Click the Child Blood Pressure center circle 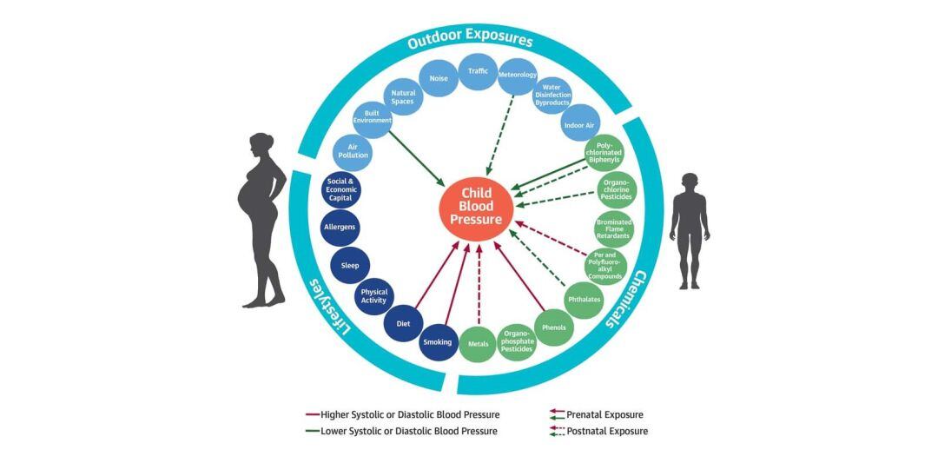(x=476, y=206)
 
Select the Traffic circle (x=478, y=70)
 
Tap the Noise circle (x=439, y=78)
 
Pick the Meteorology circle (x=518, y=76)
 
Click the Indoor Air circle (x=579, y=123)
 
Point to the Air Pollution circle (x=353, y=151)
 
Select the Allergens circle (x=340, y=227)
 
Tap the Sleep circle (x=350, y=265)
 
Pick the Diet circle (x=403, y=323)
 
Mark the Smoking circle (x=438, y=342)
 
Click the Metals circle (x=478, y=344)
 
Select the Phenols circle (x=553, y=327)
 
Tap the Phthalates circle (x=584, y=299)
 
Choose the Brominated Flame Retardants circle (x=614, y=228)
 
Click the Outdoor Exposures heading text (x=470, y=39)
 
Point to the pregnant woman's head (x=262, y=145)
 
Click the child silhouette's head (x=689, y=182)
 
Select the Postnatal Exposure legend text (x=606, y=431)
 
